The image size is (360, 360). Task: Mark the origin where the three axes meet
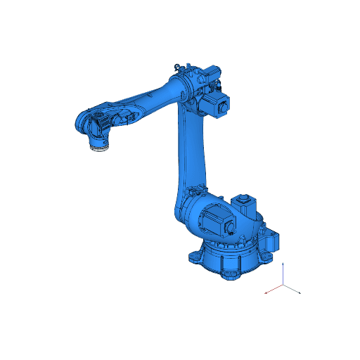point(283,285)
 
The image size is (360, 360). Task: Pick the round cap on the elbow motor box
point(224,108)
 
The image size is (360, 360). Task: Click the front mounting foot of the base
point(229,273)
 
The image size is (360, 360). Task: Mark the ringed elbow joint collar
point(185,88)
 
